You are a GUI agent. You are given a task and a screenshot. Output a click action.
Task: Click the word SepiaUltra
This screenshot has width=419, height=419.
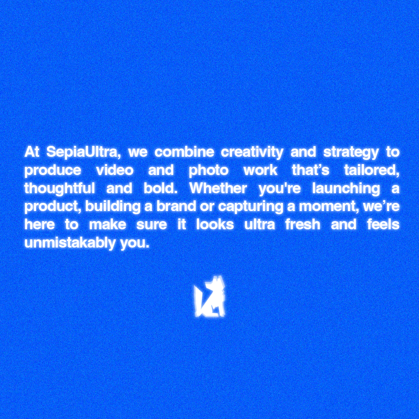(81, 152)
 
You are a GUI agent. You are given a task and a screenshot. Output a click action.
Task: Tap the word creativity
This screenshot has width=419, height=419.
(252, 152)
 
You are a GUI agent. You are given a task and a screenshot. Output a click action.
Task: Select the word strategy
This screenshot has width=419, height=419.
(351, 152)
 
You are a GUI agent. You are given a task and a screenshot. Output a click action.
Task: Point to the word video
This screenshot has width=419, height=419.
(114, 170)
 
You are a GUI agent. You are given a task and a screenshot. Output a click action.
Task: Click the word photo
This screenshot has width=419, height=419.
(209, 170)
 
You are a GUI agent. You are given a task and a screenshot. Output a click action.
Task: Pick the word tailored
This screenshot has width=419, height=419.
(372, 170)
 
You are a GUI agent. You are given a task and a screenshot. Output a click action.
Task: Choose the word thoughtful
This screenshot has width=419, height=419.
(59, 189)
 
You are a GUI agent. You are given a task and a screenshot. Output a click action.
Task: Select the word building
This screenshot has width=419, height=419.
(113, 207)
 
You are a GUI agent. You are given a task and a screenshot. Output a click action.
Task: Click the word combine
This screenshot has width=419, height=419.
(184, 152)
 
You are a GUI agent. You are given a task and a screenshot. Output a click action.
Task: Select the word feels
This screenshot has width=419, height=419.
(383, 225)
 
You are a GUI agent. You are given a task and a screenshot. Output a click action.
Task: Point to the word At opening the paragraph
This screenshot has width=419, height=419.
(32, 152)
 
